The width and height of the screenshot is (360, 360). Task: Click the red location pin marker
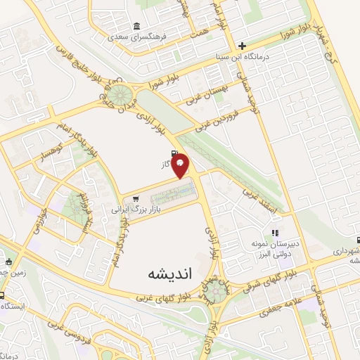(x=181, y=165)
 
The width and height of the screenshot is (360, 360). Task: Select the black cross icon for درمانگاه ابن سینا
(x=241, y=46)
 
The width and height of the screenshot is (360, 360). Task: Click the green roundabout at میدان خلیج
(x=116, y=92)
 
